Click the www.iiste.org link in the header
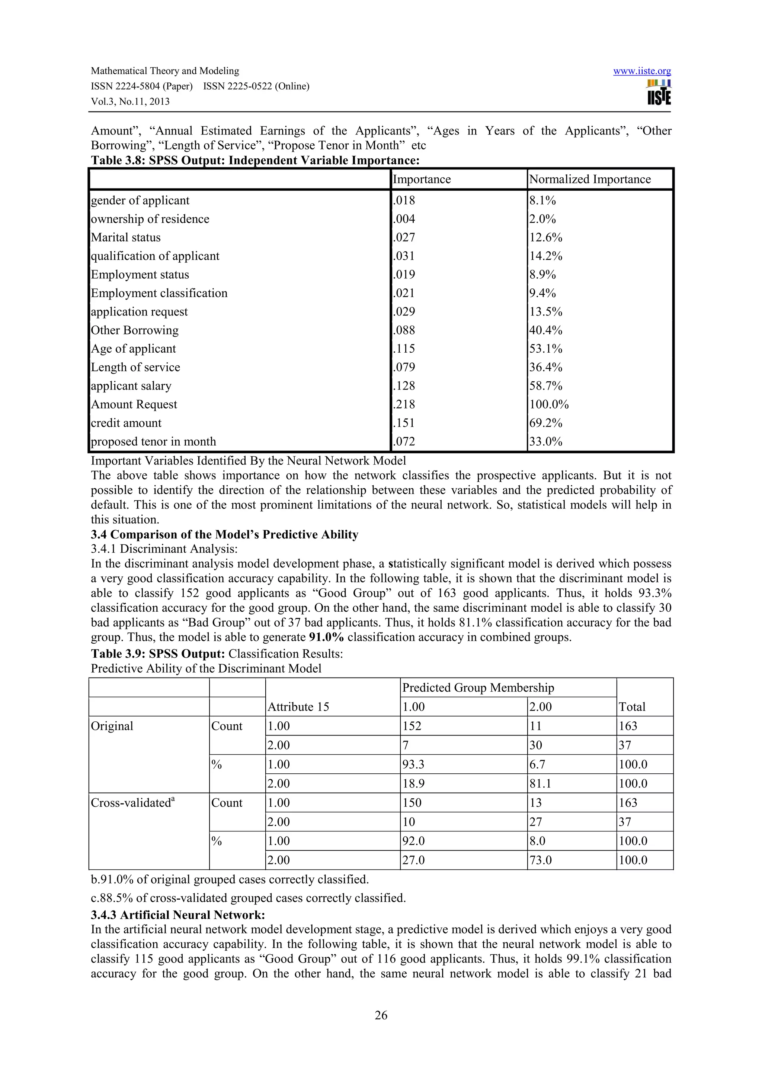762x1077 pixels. pyautogui.click(x=642, y=71)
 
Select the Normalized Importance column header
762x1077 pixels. pyautogui.click(x=590, y=179)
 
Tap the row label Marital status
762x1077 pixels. pyautogui.click(x=126, y=238)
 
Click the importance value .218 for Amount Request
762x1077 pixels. pyautogui.click(x=404, y=404)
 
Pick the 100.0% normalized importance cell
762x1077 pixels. pyautogui.click(x=549, y=404)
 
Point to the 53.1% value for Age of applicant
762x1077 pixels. pyautogui.click(x=545, y=349)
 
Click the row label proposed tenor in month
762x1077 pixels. pyautogui.click(x=154, y=442)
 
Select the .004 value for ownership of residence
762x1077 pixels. pyautogui.click(x=404, y=219)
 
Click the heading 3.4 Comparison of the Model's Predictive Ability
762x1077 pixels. pyautogui.click(x=224, y=535)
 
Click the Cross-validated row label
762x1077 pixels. pyautogui.click(x=132, y=803)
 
